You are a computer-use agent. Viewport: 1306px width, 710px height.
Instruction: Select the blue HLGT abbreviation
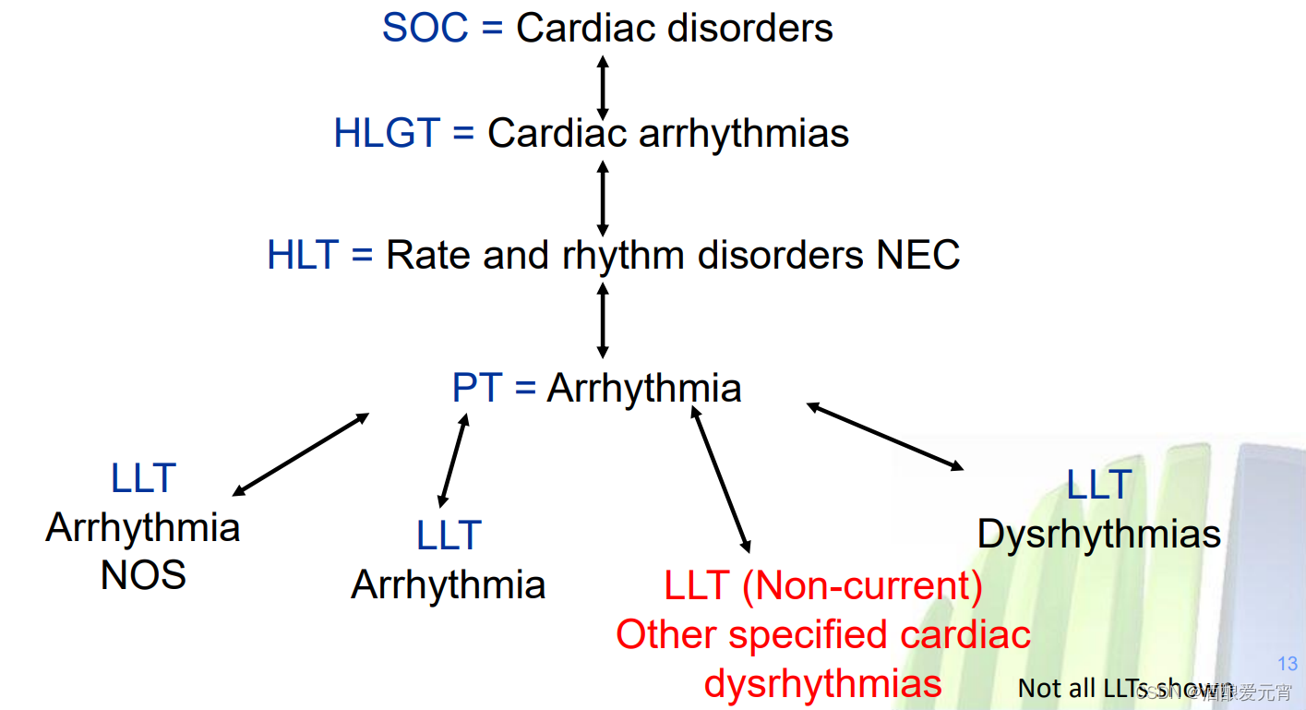click(x=386, y=134)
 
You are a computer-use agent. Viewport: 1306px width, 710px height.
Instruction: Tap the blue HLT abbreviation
click(x=303, y=255)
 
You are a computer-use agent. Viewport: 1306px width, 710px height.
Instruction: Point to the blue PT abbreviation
click(x=476, y=389)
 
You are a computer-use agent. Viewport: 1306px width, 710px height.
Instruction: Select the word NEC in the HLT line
click(x=918, y=255)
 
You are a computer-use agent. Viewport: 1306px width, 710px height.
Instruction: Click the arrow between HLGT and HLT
click(x=603, y=198)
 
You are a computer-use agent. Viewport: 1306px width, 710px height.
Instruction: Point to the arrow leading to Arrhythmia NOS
click(x=301, y=454)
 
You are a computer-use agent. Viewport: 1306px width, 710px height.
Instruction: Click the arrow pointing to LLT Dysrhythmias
click(x=885, y=436)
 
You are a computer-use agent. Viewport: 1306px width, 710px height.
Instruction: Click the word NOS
click(x=143, y=576)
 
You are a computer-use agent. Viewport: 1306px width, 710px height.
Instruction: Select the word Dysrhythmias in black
click(x=1098, y=535)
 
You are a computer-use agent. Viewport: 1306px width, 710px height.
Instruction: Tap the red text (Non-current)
click(x=862, y=586)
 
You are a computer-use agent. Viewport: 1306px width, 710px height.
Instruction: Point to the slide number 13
click(x=1288, y=664)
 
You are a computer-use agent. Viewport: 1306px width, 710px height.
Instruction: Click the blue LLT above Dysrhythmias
click(x=1098, y=485)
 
